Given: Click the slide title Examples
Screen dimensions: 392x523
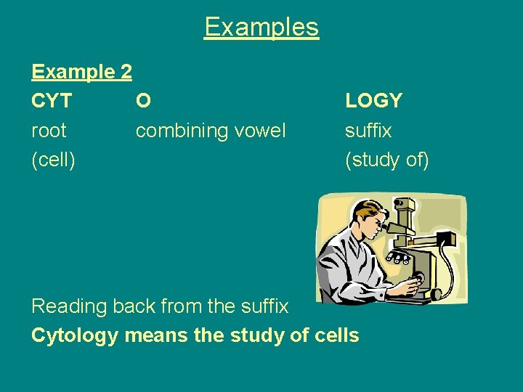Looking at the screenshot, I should pos(261,27).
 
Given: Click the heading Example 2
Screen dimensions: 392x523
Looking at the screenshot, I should pos(81,72).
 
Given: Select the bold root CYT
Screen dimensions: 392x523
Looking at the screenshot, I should pos(52,101).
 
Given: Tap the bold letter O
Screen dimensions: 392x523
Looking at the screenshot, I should pos(144,101).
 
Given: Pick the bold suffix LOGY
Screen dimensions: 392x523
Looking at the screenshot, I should pos(373,101).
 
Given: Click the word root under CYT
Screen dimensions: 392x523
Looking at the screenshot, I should pos(49,131).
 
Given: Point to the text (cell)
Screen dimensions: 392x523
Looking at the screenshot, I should pos(53,160).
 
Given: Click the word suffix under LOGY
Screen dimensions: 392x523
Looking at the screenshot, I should pos(368,131).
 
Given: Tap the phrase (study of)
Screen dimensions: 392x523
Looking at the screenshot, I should pos(387,160).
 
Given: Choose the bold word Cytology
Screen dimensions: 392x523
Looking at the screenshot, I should pos(74,335).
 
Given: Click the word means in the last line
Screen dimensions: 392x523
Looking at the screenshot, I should pos(153,335).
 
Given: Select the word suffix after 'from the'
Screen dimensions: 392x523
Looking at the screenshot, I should pos(264,306).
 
